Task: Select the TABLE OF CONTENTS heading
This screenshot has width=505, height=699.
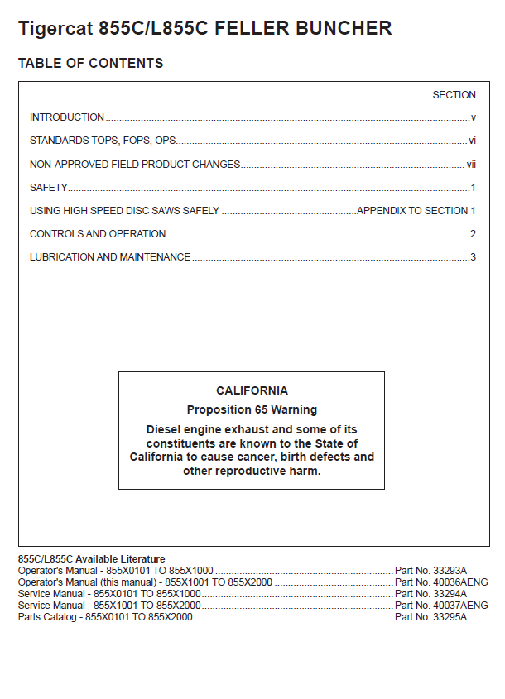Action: point(90,64)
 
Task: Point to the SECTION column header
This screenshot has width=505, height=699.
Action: point(454,95)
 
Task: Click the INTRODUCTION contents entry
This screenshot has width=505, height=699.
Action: point(67,117)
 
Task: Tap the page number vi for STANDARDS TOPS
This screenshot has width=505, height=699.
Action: point(472,141)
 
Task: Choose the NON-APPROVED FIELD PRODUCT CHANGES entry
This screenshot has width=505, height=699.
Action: point(135,165)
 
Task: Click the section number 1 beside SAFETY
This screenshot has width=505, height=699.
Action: point(473,188)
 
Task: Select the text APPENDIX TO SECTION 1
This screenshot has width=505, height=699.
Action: point(416,211)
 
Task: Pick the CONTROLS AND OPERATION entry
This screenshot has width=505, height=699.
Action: point(98,234)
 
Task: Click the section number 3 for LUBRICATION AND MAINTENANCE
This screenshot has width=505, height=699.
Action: point(473,257)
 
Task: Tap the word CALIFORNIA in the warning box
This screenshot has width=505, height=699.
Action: point(252,391)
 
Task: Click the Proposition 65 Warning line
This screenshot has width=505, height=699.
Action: point(252,409)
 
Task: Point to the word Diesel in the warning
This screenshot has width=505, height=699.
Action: point(164,430)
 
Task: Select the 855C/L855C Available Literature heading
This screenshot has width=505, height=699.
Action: point(91,559)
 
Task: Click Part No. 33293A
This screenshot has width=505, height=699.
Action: point(430,571)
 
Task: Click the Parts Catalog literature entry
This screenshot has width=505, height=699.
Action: point(105,617)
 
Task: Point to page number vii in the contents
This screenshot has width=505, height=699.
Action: point(471,165)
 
